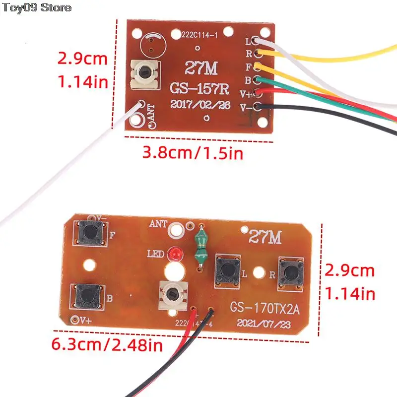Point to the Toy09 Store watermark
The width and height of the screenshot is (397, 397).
coord(36,7)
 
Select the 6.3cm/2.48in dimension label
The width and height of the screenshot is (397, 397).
coord(108,344)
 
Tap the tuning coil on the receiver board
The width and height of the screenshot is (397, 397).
coord(143,74)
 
